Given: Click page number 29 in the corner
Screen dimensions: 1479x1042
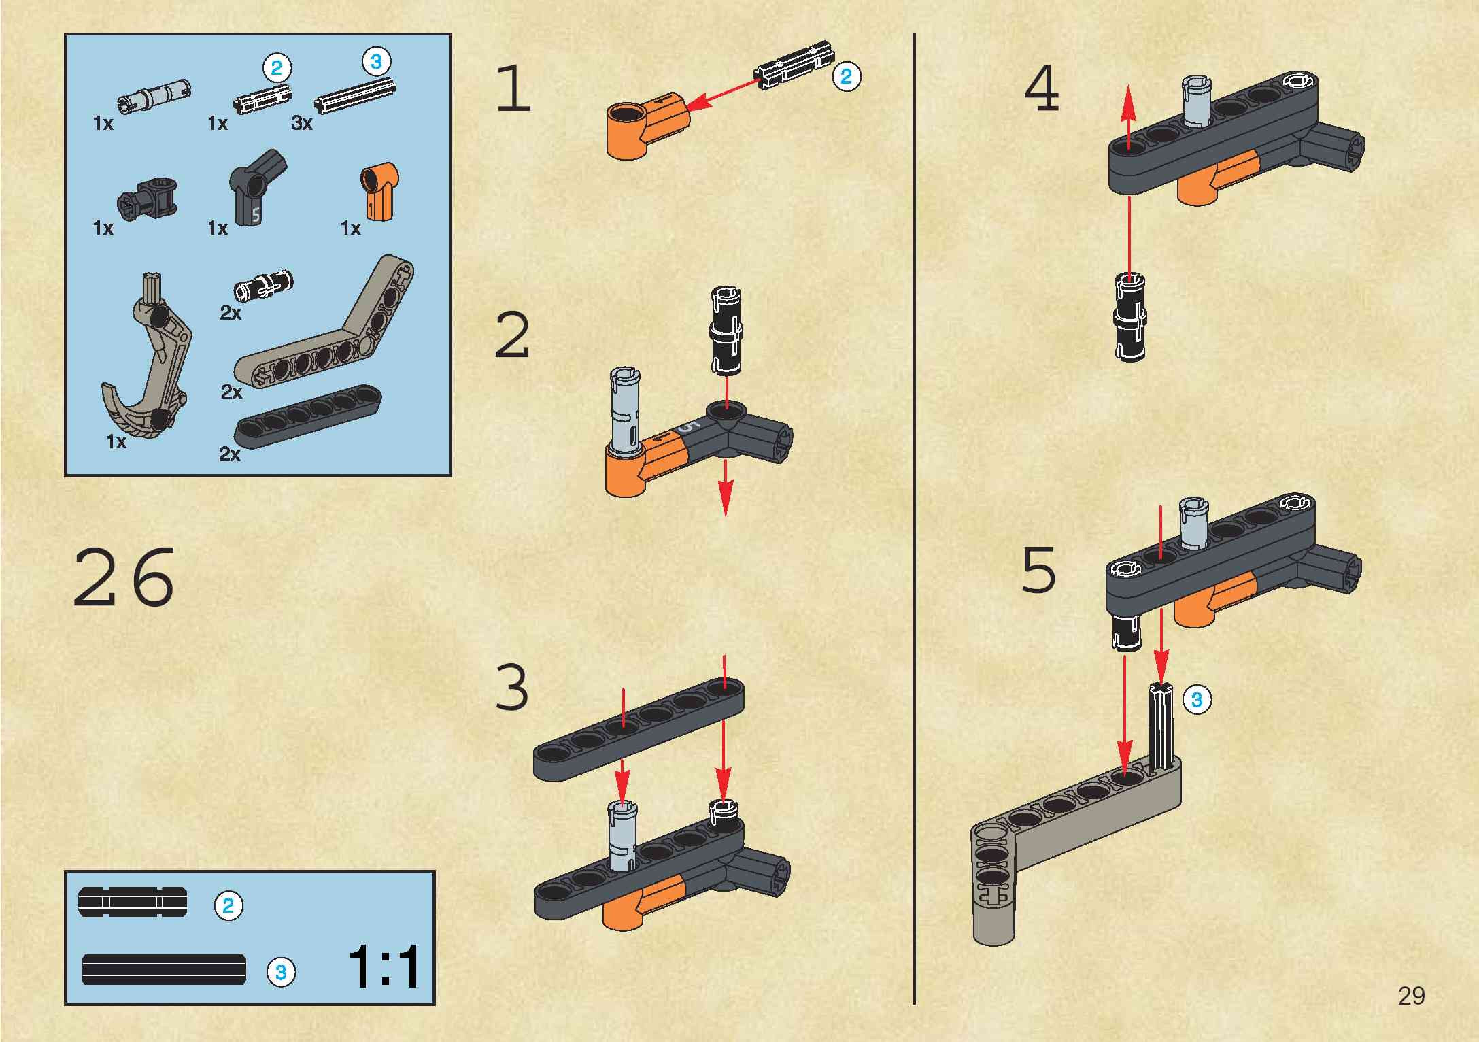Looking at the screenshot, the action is [x=1411, y=996].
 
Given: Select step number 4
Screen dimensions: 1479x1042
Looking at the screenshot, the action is [x=1042, y=89].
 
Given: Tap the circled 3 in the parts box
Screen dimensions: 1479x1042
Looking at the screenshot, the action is [x=376, y=62].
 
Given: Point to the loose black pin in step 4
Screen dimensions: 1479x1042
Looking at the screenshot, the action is [x=1129, y=316].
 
